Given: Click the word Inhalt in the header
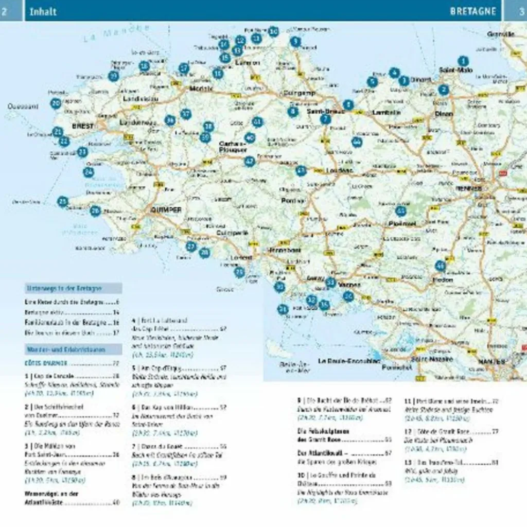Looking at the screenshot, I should pos(43,11).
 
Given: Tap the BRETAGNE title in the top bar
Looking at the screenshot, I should pos(473,11).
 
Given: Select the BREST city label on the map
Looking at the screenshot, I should pos(83,126).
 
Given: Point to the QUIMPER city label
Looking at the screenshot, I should pos(166,210).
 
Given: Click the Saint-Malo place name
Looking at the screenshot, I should pos(455,70).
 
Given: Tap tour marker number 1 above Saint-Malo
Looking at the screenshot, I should pos(463,61).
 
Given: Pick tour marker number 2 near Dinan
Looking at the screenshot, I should pos(444,90).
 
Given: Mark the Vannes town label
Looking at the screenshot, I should pos(349,285).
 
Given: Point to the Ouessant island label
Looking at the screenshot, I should pos(23,107).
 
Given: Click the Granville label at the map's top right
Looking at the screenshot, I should pos(501,34).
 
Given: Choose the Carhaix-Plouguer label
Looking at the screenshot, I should pos(233,147).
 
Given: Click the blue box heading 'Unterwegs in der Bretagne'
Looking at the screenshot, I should pos(73,288).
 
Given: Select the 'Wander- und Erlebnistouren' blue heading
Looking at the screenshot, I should pos(73,350).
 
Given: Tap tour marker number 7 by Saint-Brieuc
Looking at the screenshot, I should pos(325,119).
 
